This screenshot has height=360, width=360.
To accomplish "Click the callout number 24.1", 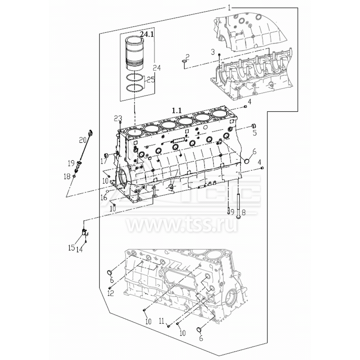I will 147,35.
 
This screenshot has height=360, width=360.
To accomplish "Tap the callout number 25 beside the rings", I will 150,80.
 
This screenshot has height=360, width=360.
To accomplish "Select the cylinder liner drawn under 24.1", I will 134,53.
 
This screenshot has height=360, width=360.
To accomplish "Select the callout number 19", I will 71,163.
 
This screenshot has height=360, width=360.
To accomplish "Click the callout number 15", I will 72,248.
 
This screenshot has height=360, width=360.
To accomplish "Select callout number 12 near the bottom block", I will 111,293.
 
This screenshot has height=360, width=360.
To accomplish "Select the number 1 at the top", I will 229,7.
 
